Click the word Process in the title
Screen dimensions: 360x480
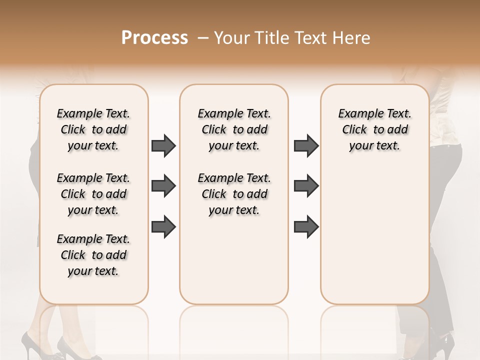click(x=154, y=38)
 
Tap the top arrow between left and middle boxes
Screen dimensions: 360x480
click(x=163, y=146)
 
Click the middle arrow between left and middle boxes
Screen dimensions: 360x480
click(x=163, y=186)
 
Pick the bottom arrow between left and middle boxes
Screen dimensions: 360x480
click(x=163, y=227)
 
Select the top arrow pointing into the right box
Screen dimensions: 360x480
click(x=306, y=146)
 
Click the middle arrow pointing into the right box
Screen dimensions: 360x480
click(x=306, y=186)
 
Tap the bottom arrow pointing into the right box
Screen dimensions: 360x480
click(x=306, y=227)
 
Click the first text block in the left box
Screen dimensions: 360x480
click(x=93, y=129)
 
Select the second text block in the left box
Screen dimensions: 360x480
click(x=93, y=194)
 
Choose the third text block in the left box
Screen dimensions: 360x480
click(x=93, y=255)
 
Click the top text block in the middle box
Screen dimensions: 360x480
click(x=234, y=129)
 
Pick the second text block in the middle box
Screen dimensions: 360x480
click(x=234, y=194)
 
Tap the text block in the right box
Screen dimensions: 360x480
click(x=374, y=129)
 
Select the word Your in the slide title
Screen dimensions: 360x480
click(x=232, y=38)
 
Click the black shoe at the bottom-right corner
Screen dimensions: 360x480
click(x=442, y=345)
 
